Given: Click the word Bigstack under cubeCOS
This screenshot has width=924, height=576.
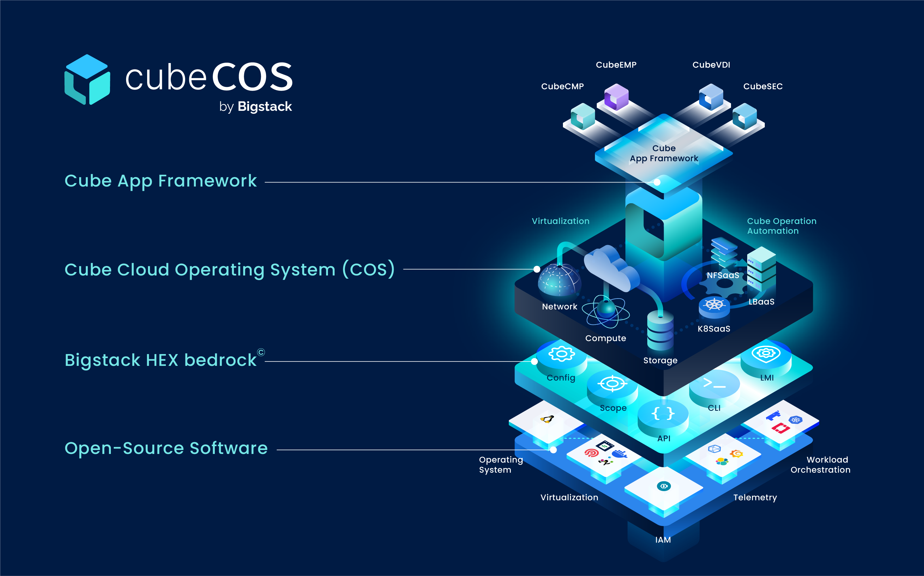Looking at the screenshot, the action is pyautogui.click(x=265, y=107).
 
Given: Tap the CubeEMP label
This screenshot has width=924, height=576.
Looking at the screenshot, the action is pyautogui.click(x=616, y=65).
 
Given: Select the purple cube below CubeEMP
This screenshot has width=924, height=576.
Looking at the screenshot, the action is pyautogui.click(x=616, y=97).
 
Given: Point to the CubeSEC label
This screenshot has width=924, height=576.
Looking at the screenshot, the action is pyautogui.click(x=763, y=86).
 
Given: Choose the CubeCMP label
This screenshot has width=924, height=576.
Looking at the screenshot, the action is pyautogui.click(x=562, y=86).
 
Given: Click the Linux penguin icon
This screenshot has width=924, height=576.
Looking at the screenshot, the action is pyautogui.click(x=547, y=419).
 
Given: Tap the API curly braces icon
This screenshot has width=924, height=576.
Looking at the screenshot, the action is pyautogui.click(x=663, y=413).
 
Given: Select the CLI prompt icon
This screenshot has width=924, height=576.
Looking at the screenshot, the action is pyautogui.click(x=714, y=383).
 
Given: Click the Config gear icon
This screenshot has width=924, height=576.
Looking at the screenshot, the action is pyautogui.click(x=561, y=353).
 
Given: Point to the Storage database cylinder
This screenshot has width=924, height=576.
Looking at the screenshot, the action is pyautogui.click(x=660, y=331).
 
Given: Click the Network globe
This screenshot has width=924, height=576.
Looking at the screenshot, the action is pyautogui.click(x=559, y=280).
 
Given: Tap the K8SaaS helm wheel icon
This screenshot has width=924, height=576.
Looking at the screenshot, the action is pyautogui.click(x=714, y=304).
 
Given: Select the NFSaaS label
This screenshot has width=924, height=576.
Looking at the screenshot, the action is pyautogui.click(x=723, y=275).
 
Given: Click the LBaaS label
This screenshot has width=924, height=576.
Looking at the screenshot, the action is pyautogui.click(x=761, y=302).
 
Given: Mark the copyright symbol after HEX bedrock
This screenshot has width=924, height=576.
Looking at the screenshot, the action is pyautogui.click(x=261, y=352).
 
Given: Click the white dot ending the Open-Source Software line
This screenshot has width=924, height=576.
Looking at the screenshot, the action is pyautogui.click(x=553, y=450).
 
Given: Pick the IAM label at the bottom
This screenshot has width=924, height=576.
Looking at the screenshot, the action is pyautogui.click(x=663, y=540).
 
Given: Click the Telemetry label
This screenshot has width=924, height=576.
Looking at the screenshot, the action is pyautogui.click(x=755, y=497).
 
